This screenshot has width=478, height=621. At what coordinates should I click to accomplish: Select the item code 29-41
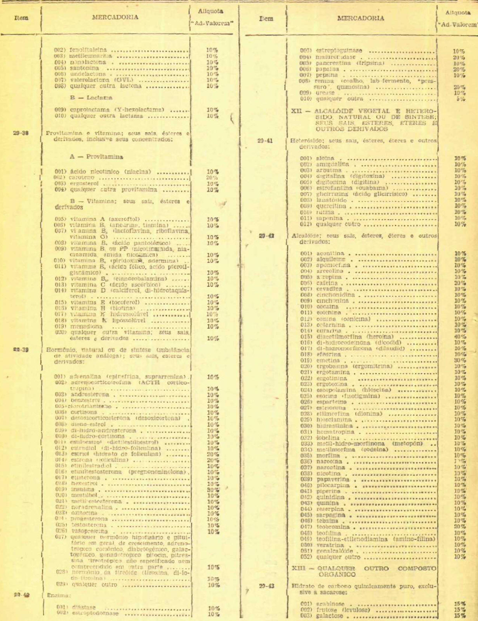(266, 141)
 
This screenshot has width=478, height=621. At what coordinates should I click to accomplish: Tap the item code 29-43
(266, 586)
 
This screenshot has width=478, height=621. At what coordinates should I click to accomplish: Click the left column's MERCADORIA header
(115, 17)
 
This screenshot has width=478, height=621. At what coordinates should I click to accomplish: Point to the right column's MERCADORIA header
(361, 18)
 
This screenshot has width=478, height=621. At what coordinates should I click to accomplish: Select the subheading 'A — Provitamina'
(96, 157)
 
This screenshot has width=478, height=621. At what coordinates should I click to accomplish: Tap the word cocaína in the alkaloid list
(327, 307)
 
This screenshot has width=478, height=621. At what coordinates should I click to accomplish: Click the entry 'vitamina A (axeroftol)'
(105, 219)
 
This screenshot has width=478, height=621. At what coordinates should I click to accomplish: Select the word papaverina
(333, 479)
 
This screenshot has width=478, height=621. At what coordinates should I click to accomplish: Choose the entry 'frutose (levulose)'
(343, 610)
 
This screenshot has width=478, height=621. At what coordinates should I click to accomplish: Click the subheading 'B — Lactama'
(91, 98)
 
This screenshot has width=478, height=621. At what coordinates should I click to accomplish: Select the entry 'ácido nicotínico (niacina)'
(110, 172)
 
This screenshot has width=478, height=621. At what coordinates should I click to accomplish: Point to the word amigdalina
(332, 164)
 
